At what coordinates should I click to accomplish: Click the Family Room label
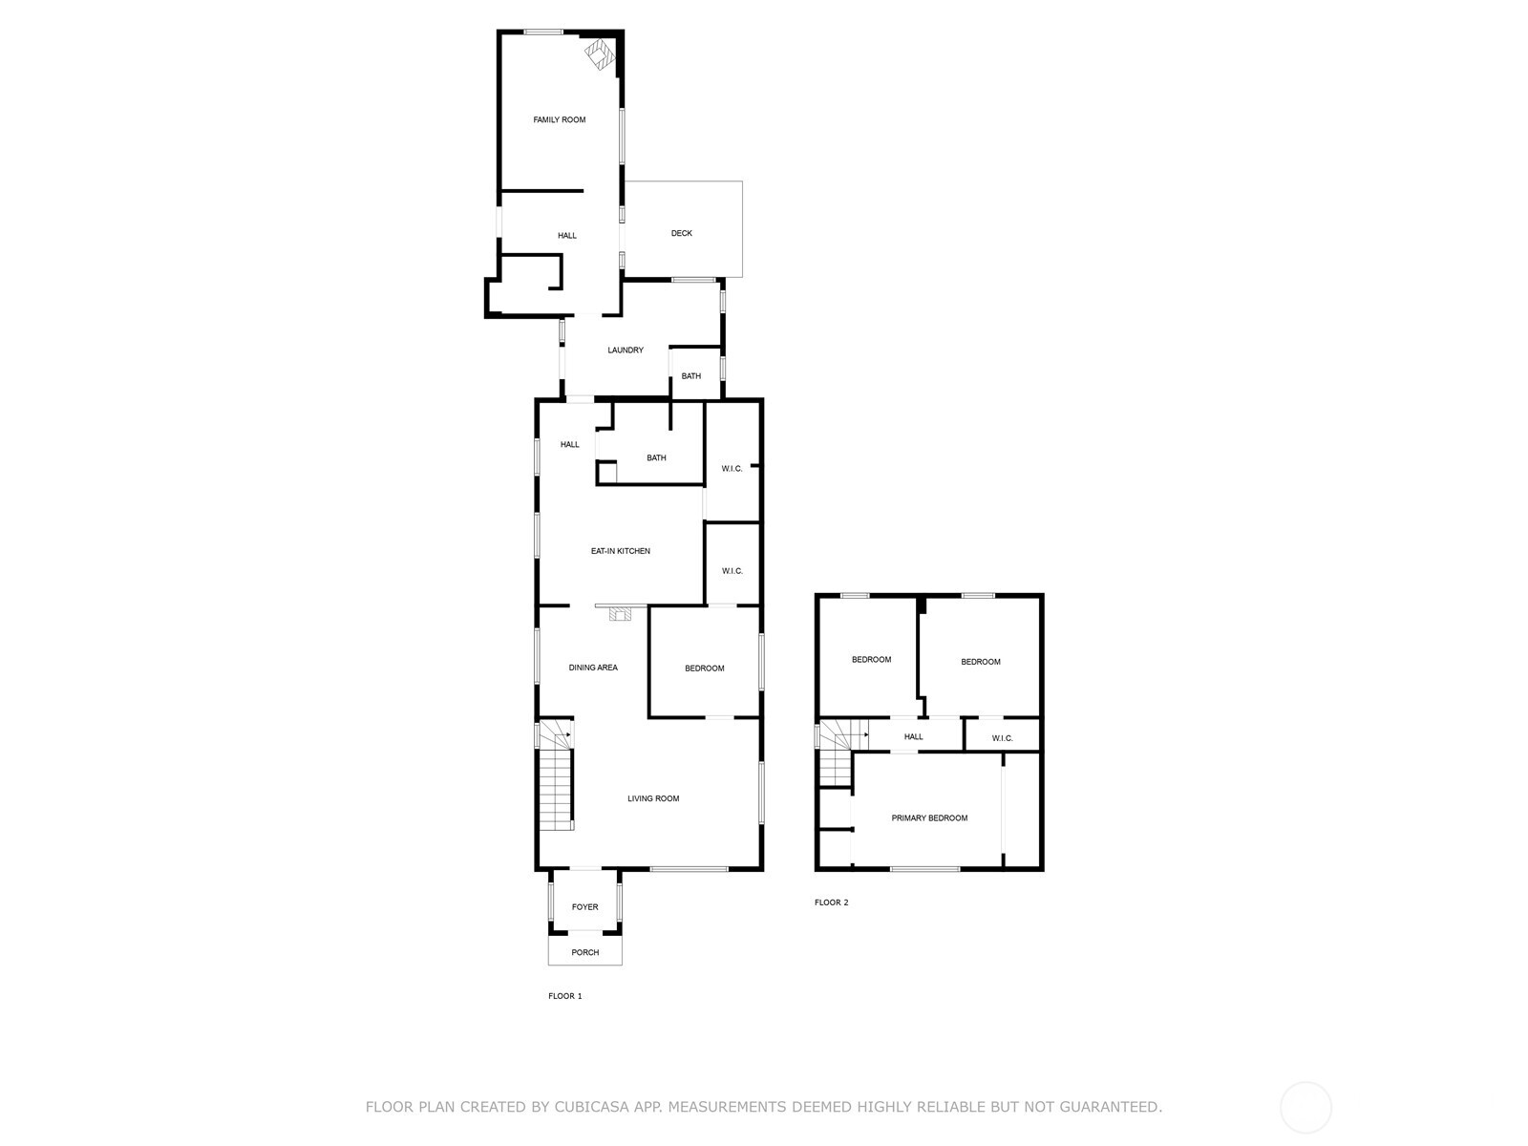(559, 119)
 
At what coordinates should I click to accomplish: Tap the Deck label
(681, 233)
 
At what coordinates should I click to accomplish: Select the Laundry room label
(626, 350)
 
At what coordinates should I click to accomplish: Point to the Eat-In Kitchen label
(620, 551)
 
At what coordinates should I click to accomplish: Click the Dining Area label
(593, 668)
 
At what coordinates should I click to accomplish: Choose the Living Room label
(653, 798)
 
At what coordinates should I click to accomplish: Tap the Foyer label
(584, 907)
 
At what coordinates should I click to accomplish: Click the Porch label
(584, 952)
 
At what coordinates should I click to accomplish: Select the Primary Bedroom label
(929, 818)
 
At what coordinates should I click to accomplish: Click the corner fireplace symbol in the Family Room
(600, 54)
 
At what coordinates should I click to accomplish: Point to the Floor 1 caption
(564, 996)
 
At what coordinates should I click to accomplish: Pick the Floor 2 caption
(831, 902)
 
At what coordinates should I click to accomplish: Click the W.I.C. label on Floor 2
(1002, 738)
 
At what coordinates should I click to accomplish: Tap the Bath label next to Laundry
(690, 376)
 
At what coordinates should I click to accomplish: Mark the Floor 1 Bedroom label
(705, 668)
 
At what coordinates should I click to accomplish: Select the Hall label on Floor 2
(913, 737)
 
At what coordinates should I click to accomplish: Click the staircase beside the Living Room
(555, 783)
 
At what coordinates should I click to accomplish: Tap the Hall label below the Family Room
(567, 236)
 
